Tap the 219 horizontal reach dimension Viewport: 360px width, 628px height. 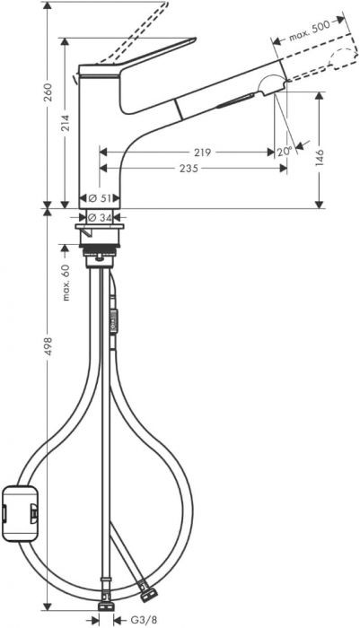pos(203,153)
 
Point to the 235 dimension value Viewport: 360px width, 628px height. pos(189,169)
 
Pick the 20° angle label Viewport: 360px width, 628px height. pos(285,152)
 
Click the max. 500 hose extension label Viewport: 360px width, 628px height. pos(310,31)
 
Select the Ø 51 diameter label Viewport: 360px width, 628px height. pos(99,198)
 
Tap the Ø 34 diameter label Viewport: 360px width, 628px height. pos(100,217)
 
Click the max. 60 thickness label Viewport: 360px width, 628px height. pos(66,283)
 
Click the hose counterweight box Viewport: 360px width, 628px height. pos(21,512)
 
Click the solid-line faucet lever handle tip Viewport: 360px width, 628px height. pos(195,39)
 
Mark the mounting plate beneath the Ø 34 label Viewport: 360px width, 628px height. pos(100,227)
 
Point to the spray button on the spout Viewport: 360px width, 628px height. pos(236,100)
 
